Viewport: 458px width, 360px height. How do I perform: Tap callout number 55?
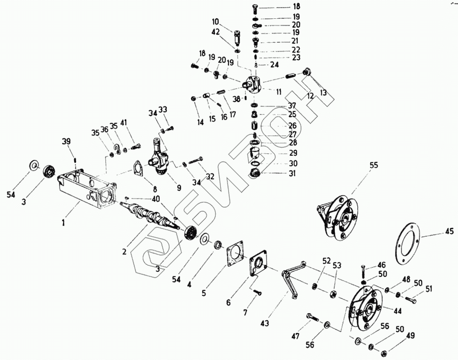[374, 165]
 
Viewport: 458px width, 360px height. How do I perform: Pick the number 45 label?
[448, 232]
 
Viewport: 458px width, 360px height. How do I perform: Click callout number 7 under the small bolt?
[246, 313]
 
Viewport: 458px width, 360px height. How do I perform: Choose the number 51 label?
[428, 290]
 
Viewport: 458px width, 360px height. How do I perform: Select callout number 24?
[274, 65]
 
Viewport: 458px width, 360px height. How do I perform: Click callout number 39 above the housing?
[66, 141]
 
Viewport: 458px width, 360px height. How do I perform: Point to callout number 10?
[216, 22]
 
